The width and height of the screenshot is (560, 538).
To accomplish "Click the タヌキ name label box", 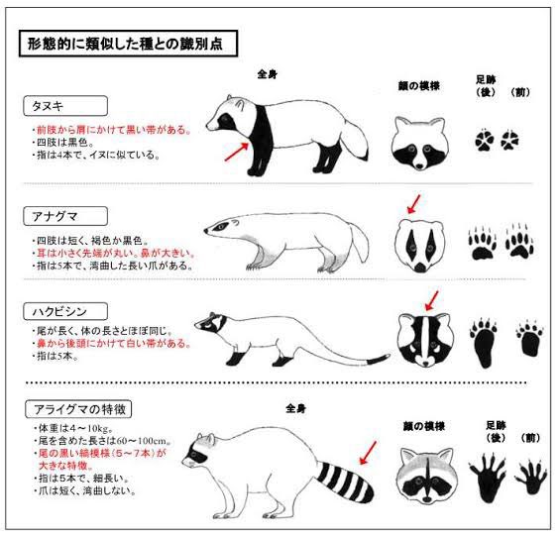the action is click(x=65, y=106).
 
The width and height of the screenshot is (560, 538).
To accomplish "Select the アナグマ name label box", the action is click(x=65, y=216).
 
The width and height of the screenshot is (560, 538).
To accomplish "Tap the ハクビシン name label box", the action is click(x=65, y=312).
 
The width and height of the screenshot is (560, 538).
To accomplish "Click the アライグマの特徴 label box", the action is click(x=78, y=409).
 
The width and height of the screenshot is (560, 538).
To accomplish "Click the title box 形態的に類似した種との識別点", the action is click(x=128, y=44).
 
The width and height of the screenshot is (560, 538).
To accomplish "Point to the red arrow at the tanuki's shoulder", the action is click(x=237, y=152).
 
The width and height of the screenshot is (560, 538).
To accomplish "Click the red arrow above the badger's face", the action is click(x=414, y=204).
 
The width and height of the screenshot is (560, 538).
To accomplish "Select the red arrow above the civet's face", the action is click(x=432, y=301).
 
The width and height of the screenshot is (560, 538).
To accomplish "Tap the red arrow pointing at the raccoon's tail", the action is click(x=368, y=453).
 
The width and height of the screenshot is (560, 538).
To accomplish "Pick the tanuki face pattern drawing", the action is click(x=419, y=143).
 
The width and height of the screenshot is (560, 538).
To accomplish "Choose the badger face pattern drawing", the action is click(x=420, y=247).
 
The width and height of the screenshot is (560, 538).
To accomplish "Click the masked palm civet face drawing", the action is click(x=426, y=340).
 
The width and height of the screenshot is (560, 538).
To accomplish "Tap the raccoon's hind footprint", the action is click(x=487, y=477).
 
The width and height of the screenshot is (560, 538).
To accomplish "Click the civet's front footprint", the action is click(x=530, y=339).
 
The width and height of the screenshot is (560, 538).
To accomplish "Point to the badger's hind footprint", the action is click(x=482, y=243).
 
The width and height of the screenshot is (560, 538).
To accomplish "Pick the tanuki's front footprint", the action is click(x=509, y=141).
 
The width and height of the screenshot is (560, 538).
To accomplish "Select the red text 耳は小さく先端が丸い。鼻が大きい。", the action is click(x=116, y=253).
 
